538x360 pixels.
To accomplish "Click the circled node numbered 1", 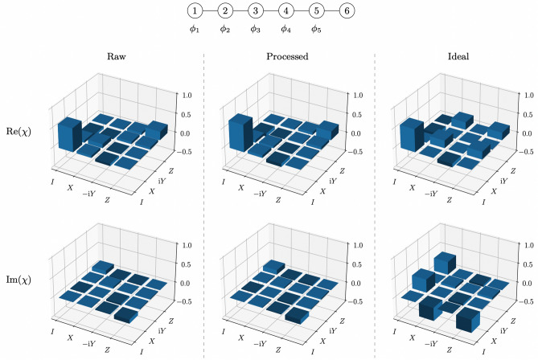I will (x=194, y=11).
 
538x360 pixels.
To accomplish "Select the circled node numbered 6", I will (x=345, y=11).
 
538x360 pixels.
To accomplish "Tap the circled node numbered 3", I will (x=254, y=11).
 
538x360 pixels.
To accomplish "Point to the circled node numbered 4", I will (x=285, y=11).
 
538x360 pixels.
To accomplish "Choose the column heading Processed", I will (x=289, y=58).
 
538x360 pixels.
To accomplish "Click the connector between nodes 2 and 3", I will (x=240, y=11).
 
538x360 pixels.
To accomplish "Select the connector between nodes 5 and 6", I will (x=331, y=11).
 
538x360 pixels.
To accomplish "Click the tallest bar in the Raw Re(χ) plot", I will (x=68, y=135).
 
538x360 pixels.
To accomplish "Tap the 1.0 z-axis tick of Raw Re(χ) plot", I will (x=184, y=95).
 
